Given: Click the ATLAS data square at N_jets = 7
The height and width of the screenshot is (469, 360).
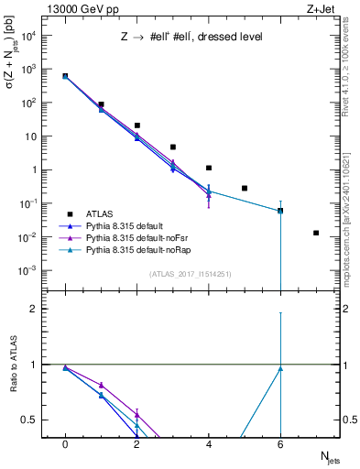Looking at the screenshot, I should [x=316, y=233].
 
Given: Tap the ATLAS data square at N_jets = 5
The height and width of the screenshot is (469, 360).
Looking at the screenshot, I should [x=245, y=188].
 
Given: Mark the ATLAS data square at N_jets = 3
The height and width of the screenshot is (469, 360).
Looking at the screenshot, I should [x=172, y=147].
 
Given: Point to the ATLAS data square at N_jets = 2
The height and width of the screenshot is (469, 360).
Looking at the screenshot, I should [x=136, y=125].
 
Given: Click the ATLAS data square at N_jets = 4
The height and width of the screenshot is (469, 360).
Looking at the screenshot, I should [x=209, y=168].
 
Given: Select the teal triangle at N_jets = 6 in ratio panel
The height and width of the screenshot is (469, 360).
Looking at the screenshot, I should [x=280, y=369].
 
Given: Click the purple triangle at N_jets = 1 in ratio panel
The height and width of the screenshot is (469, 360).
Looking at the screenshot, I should [x=101, y=385].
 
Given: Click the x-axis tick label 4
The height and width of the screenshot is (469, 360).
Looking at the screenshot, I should [x=209, y=444].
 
